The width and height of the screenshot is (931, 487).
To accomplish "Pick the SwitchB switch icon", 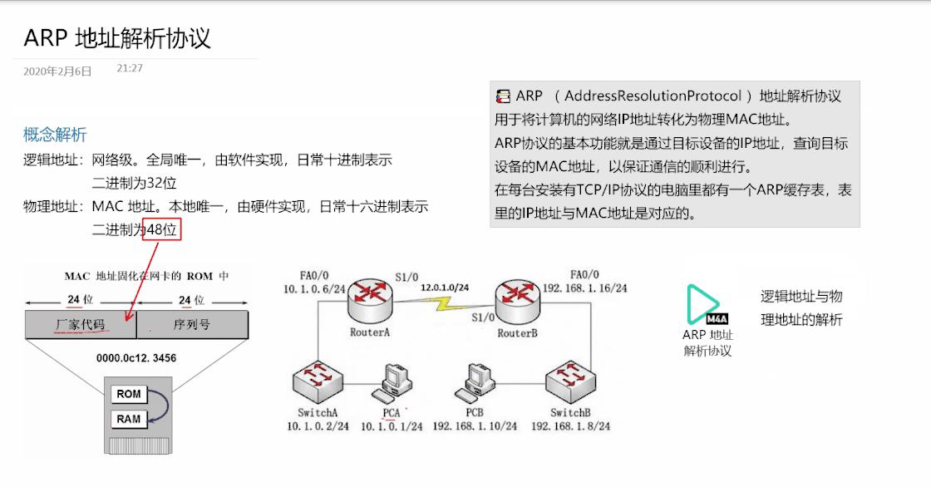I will point(570,382).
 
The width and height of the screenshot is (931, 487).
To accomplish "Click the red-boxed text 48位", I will point(161,229).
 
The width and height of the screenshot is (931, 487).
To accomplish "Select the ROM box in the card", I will point(129,394).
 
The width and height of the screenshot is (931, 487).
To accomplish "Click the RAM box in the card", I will point(129,419).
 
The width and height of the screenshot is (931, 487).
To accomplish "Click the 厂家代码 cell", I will point(81,324).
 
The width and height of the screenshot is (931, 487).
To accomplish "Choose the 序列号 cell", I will point(191,324).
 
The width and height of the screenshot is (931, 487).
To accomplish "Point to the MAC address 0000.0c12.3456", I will point(136,358).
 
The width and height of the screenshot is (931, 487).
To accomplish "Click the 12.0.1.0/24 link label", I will point(444,287).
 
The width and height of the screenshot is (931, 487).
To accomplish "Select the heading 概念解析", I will point(55,135).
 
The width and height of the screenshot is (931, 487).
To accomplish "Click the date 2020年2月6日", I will point(57,72).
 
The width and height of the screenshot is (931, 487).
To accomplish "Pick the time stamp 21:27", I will point(130,68).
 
